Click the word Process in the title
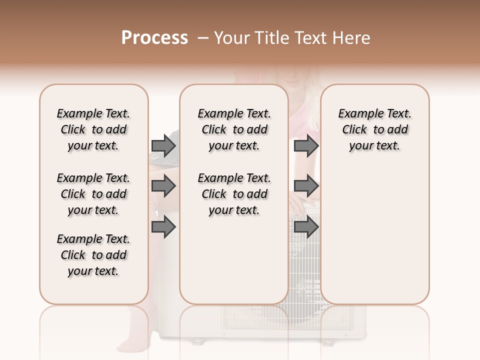click(154, 38)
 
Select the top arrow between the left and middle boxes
click(163, 145)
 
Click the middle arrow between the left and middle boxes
click(163, 186)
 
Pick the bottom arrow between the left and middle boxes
click(163, 227)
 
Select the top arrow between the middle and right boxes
click(306, 145)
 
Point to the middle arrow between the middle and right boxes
click(306, 186)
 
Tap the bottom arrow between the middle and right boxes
click(306, 227)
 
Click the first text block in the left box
click(93, 129)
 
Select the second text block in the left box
click(93, 194)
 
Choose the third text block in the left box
click(93, 255)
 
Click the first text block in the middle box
click(234, 129)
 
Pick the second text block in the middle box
click(234, 194)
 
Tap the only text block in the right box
click(375, 129)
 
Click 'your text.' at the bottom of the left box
click(93, 271)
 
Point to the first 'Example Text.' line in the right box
click(375, 113)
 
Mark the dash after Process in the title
click(202, 38)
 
